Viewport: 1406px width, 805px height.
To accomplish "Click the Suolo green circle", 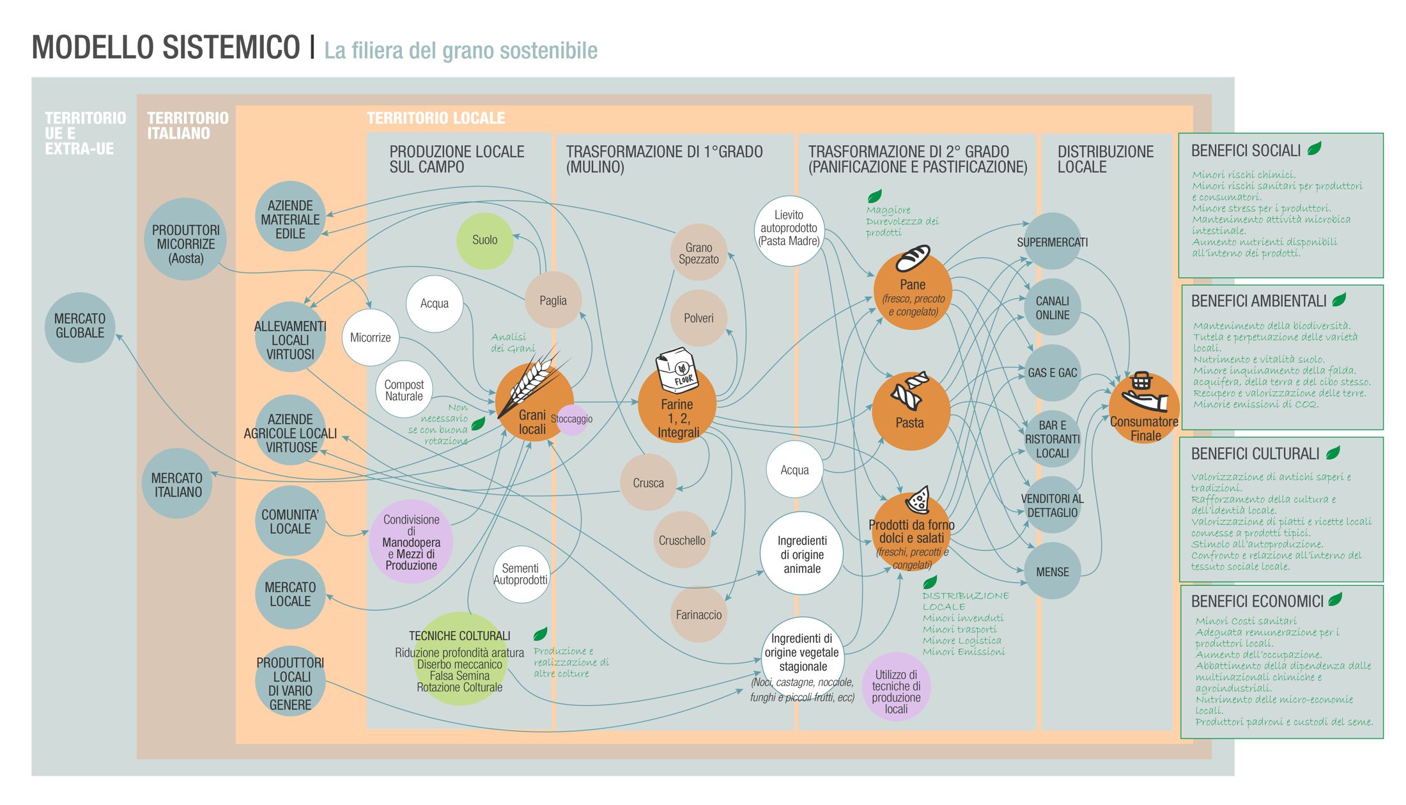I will click(484, 240).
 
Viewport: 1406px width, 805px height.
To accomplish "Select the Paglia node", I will click(553, 300).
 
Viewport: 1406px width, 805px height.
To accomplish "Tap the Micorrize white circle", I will click(370, 338).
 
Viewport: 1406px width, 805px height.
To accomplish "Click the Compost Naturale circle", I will click(404, 389).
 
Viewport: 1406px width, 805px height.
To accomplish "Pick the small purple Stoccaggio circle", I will click(572, 419).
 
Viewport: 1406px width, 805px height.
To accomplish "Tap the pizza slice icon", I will click(918, 499).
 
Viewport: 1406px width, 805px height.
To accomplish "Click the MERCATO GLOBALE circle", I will click(80, 327).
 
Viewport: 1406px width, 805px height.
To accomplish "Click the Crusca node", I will click(648, 483).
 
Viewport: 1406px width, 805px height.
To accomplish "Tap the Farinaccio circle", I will click(699, 614).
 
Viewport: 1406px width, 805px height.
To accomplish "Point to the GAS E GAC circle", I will click(1052, 373).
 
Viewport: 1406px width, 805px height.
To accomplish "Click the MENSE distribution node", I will click(1052, 572).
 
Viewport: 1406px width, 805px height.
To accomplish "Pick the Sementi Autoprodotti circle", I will click(521, 574).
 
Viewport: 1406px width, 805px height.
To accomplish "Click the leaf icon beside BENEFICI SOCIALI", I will click(1315, 149).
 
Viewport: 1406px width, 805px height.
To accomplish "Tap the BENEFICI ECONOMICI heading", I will click(1257, 602).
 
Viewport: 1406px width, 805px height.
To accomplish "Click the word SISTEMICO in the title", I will click(231, 47).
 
